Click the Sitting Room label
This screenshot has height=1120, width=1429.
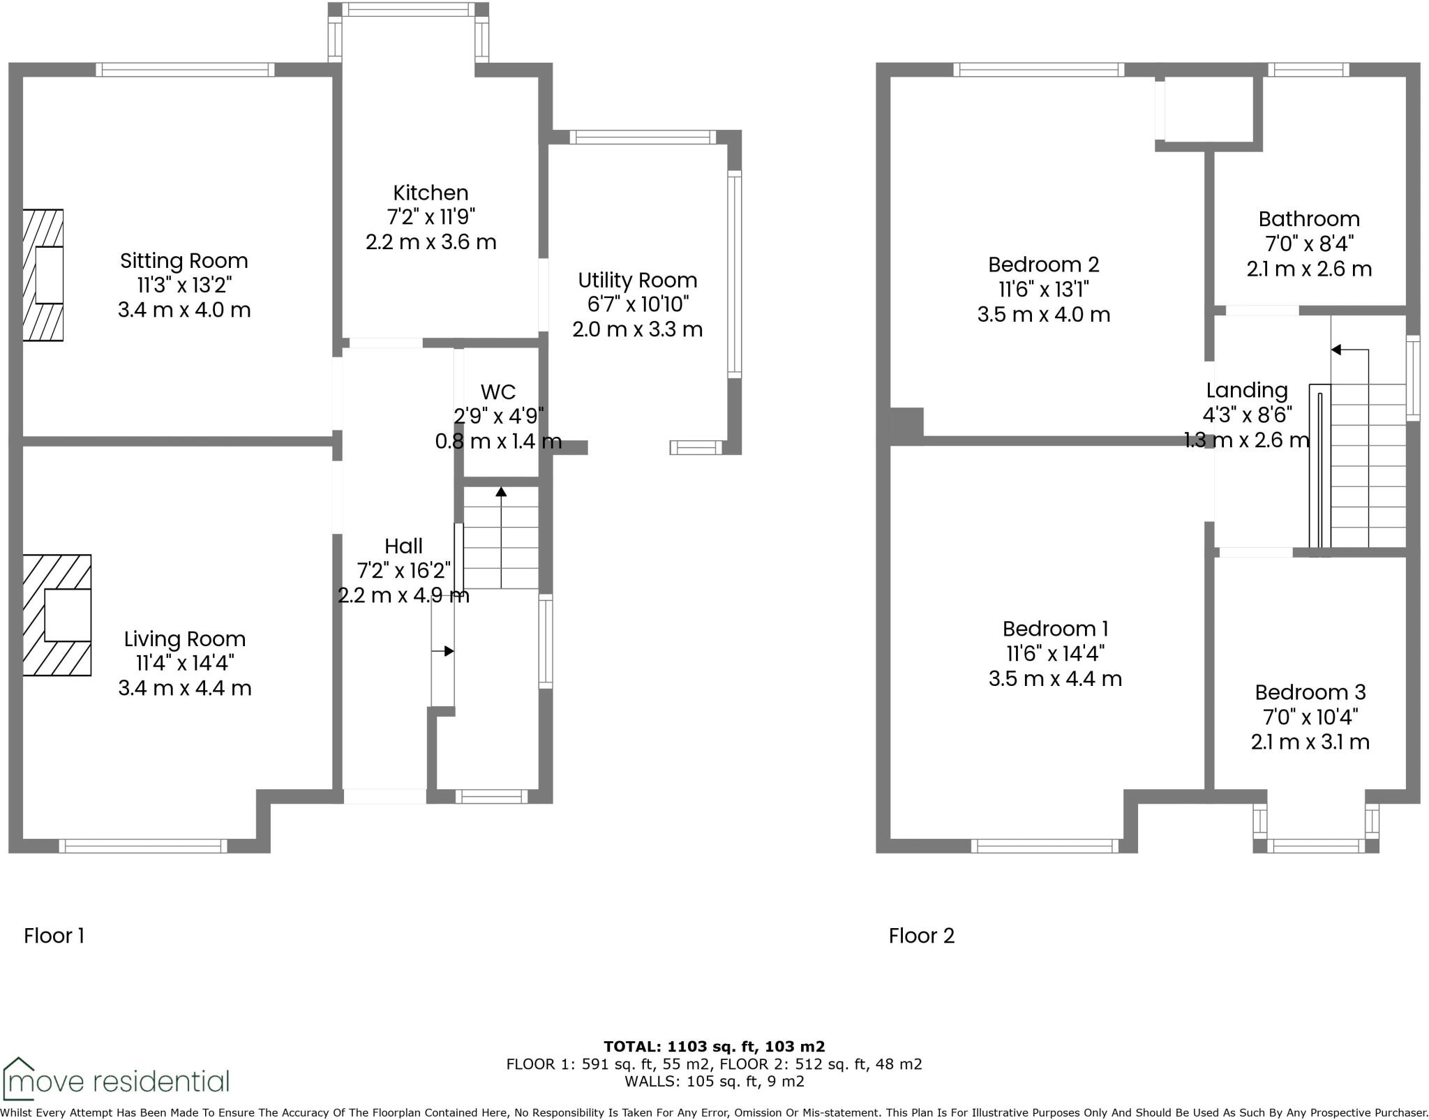click(184, 261)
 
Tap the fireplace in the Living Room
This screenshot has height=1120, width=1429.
click(57, 615)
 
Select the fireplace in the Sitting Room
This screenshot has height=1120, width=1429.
click(43, 275)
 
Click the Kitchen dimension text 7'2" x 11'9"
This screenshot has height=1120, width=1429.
click(431, 217)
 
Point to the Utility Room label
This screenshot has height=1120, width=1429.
click(637, 281)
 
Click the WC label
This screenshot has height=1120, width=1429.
click(498, 391)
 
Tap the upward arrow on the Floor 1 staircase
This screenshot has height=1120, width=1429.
click(501, 493)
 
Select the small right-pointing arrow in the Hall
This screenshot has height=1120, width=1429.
click(448, 651)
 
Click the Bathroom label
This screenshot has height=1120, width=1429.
click(1308, 219)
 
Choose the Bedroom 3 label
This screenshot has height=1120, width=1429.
click(1310, 692)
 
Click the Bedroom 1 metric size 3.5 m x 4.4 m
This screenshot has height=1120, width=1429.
click(1054, 678)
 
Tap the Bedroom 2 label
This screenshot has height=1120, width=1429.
click(1043, 264)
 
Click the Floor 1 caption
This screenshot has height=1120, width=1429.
click(54, 936)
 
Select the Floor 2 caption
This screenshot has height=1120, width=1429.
click(921, 936)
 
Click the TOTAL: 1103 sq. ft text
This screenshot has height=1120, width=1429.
click(714, 1046)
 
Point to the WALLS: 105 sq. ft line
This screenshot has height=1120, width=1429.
click(714, 1082)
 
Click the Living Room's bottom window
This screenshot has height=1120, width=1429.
click(143, 846)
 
